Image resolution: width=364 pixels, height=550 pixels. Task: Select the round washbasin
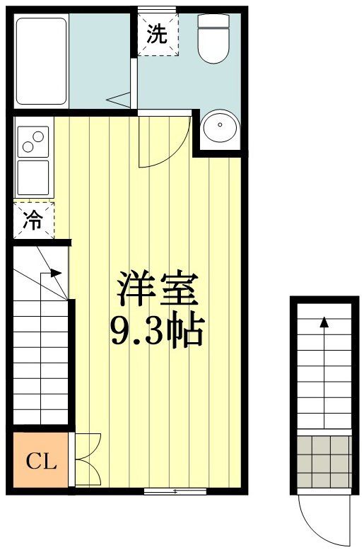point(221,129)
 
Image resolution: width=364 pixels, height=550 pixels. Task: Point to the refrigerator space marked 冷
point(33,220)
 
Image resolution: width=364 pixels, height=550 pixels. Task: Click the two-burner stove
point(33,142)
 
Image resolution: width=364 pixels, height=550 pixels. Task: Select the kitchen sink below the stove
point(33,177)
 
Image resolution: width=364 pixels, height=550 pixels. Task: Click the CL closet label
point(40,462)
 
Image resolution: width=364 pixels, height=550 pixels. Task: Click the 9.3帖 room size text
point(157,329)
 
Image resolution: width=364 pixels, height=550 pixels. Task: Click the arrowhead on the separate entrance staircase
point(324,322)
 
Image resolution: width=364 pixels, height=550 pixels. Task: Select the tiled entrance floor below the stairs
point(324,460)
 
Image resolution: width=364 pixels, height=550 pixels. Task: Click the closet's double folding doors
point(86,460)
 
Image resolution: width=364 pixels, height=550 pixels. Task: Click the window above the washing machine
point(156,9)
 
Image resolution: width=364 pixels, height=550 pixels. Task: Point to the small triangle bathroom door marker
point(119,98)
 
